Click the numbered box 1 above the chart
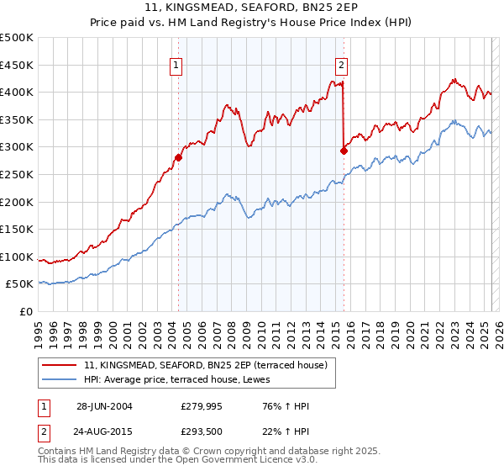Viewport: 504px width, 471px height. click(x=176, y=65)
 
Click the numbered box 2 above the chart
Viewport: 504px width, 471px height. click(x=342, y=65)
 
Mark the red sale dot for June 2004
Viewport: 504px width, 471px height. click(x=178, y=157)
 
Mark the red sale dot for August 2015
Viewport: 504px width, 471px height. click(x=344, y=151)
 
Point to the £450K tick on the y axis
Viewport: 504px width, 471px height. click(x=18, y=65)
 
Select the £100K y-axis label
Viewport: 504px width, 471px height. click(x=18, y=257)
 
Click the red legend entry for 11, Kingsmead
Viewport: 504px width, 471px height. click(x=210, y=364)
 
